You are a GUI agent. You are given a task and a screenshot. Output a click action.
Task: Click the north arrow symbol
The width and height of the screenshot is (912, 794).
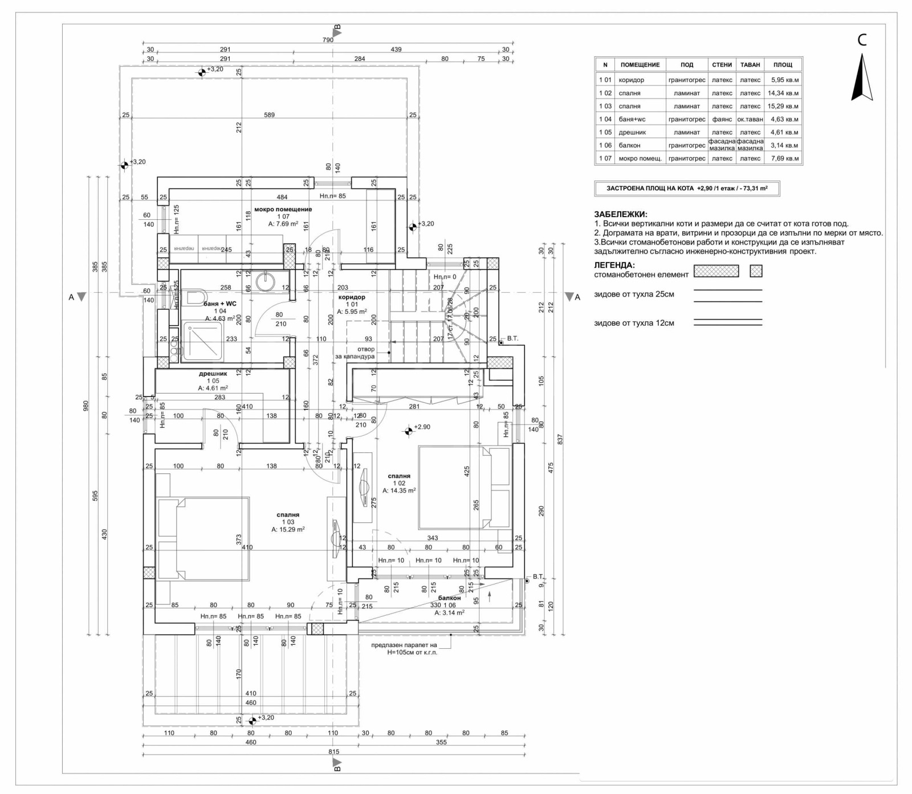click(862, 78)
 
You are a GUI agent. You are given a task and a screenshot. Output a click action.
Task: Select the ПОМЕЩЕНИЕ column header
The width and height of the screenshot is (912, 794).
click(640, 65)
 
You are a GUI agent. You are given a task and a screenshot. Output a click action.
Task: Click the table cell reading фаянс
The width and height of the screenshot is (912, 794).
click(722, 120)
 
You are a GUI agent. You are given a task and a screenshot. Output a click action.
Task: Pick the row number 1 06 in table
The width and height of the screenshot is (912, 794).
click(605, 145)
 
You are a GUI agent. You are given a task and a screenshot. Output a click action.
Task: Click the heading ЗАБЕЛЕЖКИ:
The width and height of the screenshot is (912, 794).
click(620, 215)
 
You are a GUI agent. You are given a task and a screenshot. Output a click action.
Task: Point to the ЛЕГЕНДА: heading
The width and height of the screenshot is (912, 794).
click(614, 265)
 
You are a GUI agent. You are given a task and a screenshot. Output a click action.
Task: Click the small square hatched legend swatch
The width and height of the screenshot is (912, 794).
click(756, 271)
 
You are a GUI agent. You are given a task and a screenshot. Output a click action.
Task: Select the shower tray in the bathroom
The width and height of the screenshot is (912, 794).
click(202, 341)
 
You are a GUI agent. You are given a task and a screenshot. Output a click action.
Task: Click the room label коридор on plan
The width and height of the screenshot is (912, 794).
click(352, 297)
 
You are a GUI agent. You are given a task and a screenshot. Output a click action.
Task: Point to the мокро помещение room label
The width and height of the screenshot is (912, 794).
click(283, 210)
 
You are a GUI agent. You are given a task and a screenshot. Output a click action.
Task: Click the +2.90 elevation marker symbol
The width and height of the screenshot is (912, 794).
click(408, 431)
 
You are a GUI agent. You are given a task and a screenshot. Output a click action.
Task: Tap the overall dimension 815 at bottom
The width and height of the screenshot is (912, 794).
click(334, 752)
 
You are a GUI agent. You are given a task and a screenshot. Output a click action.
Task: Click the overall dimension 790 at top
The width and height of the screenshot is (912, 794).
click(328, 40)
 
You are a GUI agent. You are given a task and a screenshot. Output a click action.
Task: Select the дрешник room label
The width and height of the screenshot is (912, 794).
click(213, 374)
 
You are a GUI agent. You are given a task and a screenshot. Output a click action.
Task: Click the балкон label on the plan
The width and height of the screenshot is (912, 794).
click(449, 598)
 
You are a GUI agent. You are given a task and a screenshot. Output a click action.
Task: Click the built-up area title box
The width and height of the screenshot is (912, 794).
click(686, 189)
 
